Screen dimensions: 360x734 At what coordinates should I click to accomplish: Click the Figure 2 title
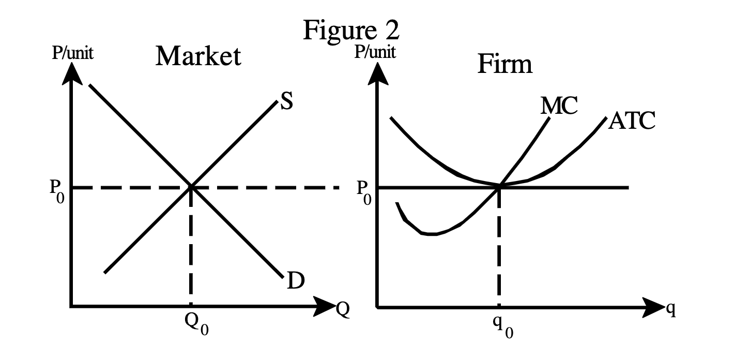351,31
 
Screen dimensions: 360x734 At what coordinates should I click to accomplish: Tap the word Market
198,56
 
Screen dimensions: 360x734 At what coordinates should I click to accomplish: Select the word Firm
504,65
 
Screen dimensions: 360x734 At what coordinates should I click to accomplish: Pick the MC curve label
560,106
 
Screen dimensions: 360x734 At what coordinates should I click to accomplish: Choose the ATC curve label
632,121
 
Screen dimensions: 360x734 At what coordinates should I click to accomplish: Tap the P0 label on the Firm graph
363,192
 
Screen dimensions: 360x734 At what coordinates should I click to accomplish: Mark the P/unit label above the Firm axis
376,52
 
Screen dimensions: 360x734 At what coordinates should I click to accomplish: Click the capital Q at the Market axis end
342,309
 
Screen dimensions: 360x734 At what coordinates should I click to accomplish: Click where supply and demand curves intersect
191,187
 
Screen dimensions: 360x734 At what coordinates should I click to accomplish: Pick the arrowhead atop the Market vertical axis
72,75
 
